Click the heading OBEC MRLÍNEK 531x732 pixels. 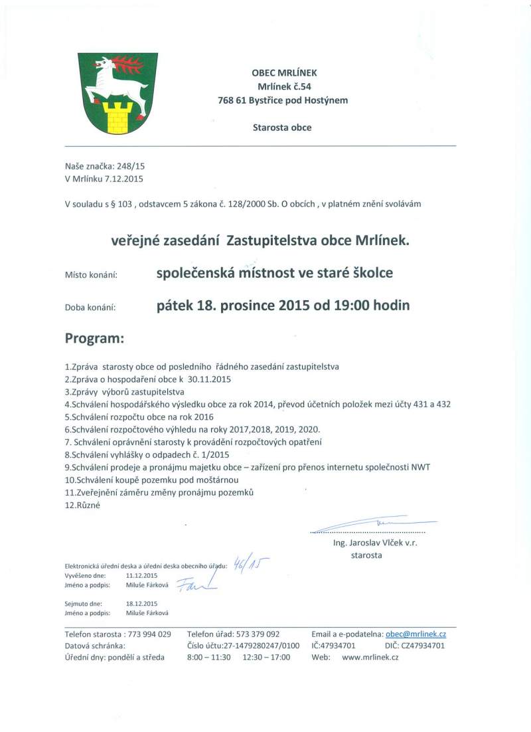coord(280,74)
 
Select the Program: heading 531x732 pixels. coord(94,338)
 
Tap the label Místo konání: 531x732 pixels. coord(91,274)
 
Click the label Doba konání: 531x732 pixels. coord(90,308)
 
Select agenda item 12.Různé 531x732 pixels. coord(82,505)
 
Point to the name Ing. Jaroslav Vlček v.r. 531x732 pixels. coord(374,543)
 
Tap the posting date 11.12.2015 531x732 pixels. coord(141,575)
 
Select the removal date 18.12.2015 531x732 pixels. coord(141,603)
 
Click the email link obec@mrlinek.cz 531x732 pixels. coord(416,634)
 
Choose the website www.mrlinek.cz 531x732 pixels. coord(370,657)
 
